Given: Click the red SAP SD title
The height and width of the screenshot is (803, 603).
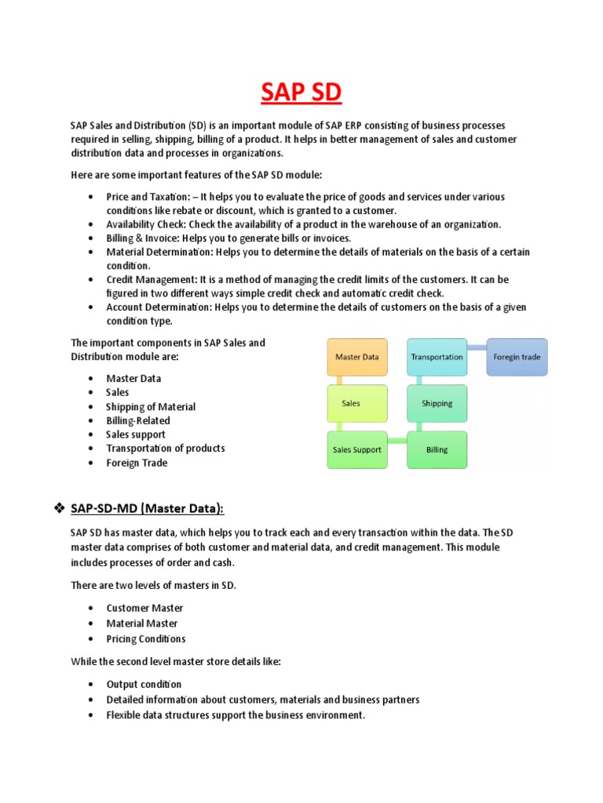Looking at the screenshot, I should pos(301,93).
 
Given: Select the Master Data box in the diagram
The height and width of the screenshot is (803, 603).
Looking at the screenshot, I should pos(356,357).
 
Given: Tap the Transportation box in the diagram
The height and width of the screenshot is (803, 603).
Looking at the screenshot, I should pos(437,357).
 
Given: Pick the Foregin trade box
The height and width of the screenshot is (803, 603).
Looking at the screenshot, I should pos(517,357).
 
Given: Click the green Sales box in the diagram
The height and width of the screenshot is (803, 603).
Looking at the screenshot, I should pos(356,403).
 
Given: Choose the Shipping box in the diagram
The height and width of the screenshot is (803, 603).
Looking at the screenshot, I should pos(437,403).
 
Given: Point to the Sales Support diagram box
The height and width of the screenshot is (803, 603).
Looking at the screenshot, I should pos(356,449).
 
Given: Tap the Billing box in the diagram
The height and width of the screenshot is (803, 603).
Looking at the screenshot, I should pos(437,449).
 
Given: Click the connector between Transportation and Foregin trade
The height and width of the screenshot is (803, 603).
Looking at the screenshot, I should pos(477,346).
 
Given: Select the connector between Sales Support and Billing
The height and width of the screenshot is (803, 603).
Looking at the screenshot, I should pos(397,441).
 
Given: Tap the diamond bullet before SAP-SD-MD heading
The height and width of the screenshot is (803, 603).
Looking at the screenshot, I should pos(58,509).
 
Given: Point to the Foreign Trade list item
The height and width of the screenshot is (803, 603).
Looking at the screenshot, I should pos(137,463).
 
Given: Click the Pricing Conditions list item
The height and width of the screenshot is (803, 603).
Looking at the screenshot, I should pos(146,639).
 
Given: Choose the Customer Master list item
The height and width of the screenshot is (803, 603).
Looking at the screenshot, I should pos(144,609).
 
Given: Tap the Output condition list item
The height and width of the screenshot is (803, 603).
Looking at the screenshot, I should pos(144,685).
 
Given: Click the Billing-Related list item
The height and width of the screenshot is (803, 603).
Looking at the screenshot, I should pos(137,420).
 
